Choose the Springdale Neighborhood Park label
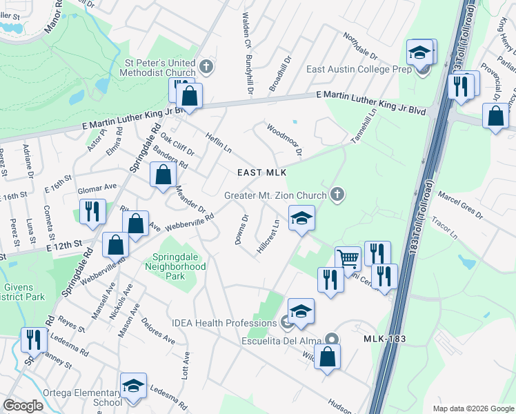pyautogui.click(x=179, y=266)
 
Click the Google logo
pyautogui.click(x=23, y=406)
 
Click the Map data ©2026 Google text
pyautogui.click(x=473, y=408)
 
